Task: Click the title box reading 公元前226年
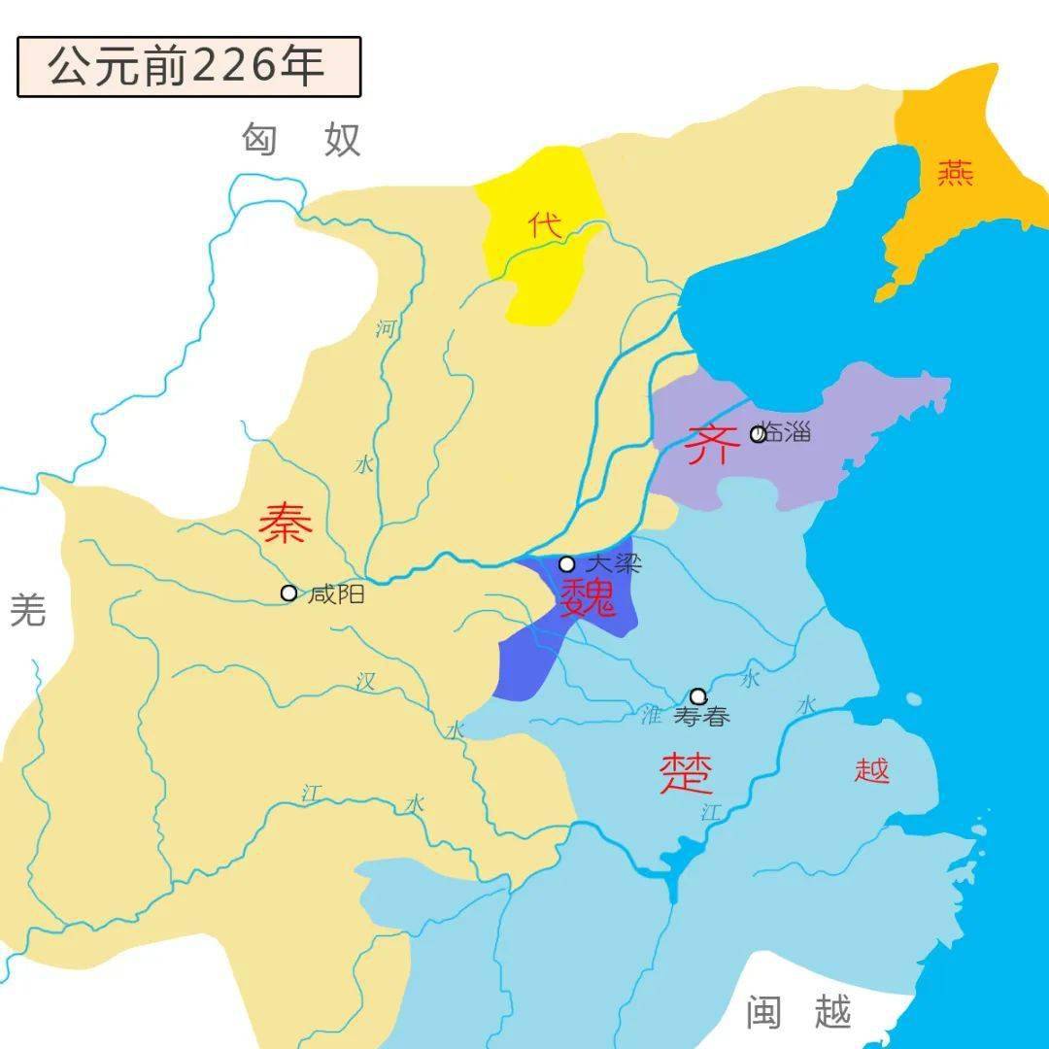[188, 66]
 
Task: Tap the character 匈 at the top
[259, 141]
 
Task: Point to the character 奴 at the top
[342, 141]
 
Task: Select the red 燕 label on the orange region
[955, 173]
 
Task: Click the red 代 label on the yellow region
[545, 226]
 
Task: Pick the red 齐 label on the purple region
[707, 446]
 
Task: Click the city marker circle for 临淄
[758, 433]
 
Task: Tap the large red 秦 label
[286, 524]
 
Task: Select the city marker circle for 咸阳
[288, 592]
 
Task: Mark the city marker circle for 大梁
[566, 563]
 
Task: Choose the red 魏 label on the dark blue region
[588, 596]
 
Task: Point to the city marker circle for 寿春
[697, 695]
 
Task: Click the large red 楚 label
[687, 773]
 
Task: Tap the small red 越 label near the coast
[872, 771]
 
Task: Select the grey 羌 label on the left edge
[27, 610]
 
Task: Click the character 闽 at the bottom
[763, 1013]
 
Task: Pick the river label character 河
[386, 328]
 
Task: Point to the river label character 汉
[365, 682]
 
